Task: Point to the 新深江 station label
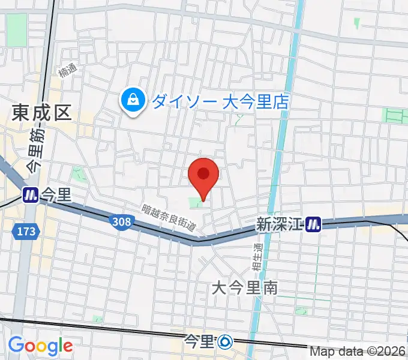click(279, 224)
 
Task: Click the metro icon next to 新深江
click(313, 224)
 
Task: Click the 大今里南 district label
click(244, 288)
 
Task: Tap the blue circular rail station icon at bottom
click(226, 342)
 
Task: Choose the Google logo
click(40, 346)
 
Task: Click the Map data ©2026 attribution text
click(358, 352)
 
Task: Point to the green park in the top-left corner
click(17, 28)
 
